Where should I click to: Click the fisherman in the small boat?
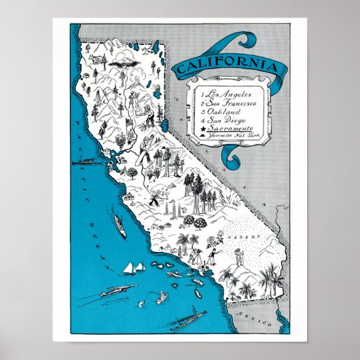[162, 296]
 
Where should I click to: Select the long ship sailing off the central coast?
[118, 226]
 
